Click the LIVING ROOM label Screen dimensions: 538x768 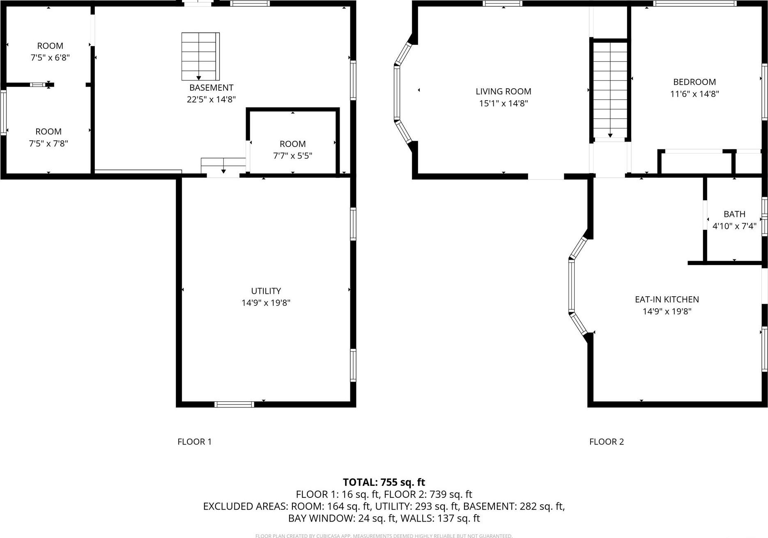coord(503,92)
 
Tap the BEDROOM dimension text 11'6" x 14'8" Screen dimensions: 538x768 coord(694,94)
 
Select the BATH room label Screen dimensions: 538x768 coord(734,214)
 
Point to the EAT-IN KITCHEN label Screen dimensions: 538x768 coord(667,300)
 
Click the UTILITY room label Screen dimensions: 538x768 coord(266,291)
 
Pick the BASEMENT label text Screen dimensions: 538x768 coord(211,87)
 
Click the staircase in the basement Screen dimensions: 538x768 coord(200,56)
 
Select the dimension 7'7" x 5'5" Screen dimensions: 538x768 coord(292,156)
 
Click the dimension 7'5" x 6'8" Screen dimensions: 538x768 coord(50,58)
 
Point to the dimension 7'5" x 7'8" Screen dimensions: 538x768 coord(48,144)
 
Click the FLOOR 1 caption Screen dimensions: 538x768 coord(194,442)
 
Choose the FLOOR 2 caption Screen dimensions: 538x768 coord(606,442)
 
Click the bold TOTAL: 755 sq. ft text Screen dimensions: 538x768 coord(384,482)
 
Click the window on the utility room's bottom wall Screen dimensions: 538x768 coord(234,404)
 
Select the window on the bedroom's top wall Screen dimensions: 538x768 coord(695,4)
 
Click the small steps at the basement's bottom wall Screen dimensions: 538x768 coord(223,166)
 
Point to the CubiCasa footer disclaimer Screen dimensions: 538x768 coord(384,536)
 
